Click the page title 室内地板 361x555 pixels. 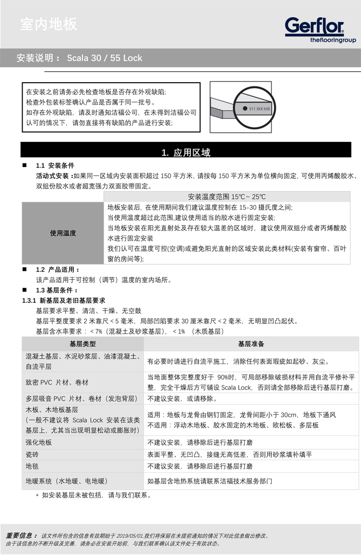[49, 24]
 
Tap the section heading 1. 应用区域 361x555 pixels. [186, 152]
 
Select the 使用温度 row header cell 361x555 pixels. [63, 233]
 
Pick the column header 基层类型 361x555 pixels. [83, 344]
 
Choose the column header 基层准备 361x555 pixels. [251, 344]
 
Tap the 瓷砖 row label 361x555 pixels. [33, 454]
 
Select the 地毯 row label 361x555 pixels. [33, 466]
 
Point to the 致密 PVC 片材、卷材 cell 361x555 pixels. [57, 382]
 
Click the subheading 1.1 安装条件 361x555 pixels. [55, 166]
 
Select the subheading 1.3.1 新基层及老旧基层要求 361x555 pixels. [63, 300]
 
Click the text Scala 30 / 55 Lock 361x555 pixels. [104, 58]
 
